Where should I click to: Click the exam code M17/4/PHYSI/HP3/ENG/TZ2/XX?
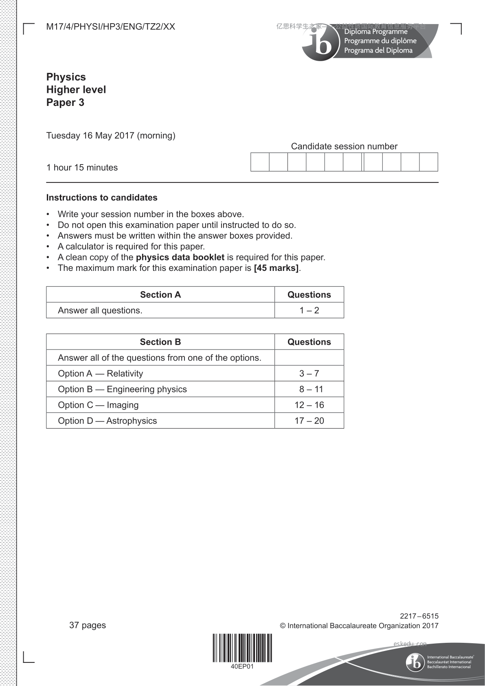point(110,27)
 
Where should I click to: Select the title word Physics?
point(66,77)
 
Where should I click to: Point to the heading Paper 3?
point(65,102)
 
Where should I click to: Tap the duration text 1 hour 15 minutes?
point(82,167)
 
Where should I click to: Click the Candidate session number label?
point(344,146)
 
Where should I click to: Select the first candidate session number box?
point(260,162)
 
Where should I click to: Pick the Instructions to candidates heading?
point(102,198)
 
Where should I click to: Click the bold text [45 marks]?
point(276,268)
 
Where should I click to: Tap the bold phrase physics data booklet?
point(180,257)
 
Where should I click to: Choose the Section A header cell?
point(160,295)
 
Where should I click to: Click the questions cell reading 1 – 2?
point(309,310)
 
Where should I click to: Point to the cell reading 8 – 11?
point(309,389)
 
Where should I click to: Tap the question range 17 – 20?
point(309,421)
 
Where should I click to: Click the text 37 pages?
point(88,625)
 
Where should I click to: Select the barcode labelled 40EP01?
point(242,648)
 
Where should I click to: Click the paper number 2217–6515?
point(419,616)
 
